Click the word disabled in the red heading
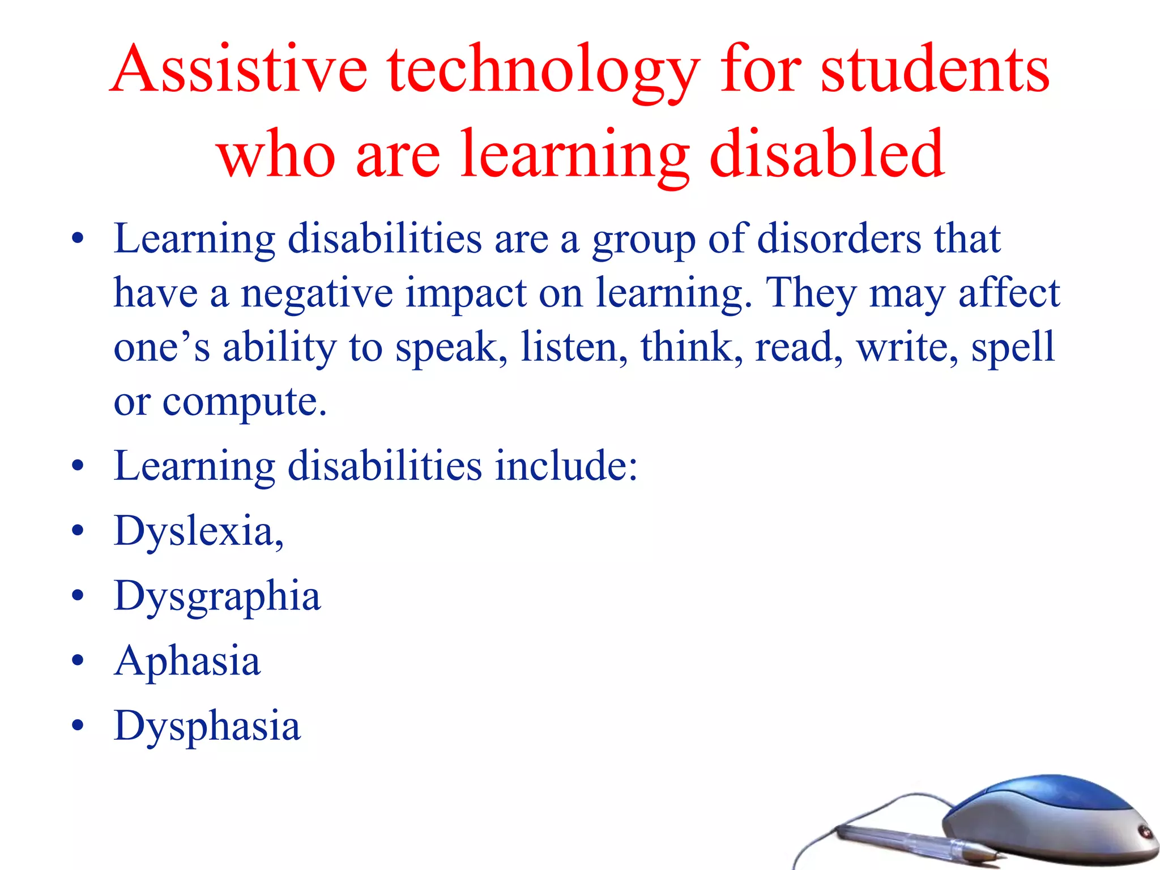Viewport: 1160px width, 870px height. click(x=826, y=153)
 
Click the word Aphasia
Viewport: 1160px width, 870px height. click(x=187, y=661)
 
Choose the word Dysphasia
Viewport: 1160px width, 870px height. click(x=207, y=726)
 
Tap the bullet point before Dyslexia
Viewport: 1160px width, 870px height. click(x=78, y=531)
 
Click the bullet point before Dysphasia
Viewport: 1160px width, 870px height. click(x=78, y=726)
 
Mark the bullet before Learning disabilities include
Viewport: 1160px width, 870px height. click(x=78, y=466)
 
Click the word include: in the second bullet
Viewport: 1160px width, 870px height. click(x=566, y=466)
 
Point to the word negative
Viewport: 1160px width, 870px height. click(x=317, y=293)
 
